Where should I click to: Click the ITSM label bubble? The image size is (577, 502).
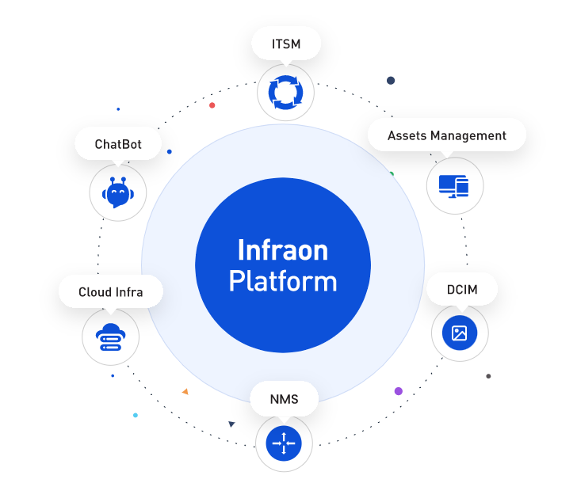click(x=286, y=44)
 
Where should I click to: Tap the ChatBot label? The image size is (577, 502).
click(x=118, y=143)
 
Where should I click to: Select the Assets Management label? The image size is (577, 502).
click(x=447, y=135)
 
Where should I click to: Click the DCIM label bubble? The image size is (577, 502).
click(x=462, y=289)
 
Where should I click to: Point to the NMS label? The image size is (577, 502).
click(x=284, y=399)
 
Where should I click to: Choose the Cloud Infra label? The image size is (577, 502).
click(x=111, y=292)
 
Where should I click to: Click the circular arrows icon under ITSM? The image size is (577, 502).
click(x=285, y=93)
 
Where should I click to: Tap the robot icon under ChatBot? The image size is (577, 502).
click(x=118, y=192)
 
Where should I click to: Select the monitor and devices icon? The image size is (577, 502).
click(x=453, y=186)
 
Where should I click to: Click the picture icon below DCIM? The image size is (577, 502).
click(x=460, y=333)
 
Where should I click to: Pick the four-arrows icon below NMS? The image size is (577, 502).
click(x=284, y=443)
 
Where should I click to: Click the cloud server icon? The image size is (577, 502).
click(x=110, y=337)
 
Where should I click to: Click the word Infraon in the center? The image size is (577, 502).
click(x=283, y=250)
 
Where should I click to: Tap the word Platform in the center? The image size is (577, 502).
click(x=283, y=281)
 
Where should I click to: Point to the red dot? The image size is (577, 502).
click(x=212, y=105)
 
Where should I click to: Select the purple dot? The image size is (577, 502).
click(x=398, y=391)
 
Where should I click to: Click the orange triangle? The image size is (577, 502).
click(x=185, y=392)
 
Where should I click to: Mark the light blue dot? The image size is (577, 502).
click(x=136, y=415)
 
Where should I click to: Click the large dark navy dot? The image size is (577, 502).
click(x=391, y=81)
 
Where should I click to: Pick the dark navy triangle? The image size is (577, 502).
click(x=231, y=424)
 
